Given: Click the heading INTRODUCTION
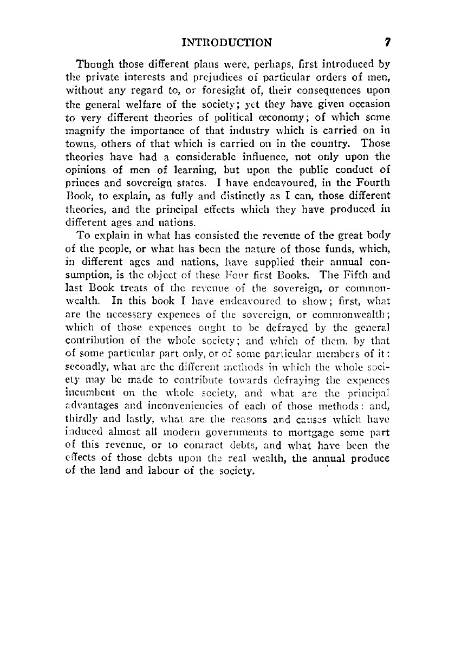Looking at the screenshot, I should [x=227, y=42].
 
